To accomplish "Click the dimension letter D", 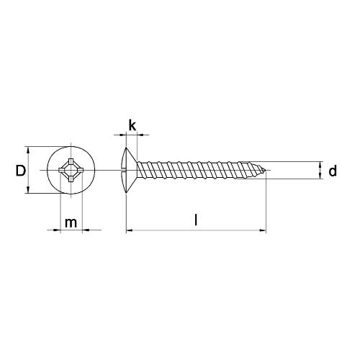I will point(22,171).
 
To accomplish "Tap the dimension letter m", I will point(71,222).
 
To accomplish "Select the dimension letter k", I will point(132,126).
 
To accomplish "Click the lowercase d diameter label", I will point(333,171).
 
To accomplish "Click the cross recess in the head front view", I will point(71,171).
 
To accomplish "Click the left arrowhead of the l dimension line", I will point(130,231).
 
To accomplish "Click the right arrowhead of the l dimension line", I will point(263,231).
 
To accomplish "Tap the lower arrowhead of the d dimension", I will point(320,177).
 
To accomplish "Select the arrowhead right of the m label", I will point(86,231).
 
